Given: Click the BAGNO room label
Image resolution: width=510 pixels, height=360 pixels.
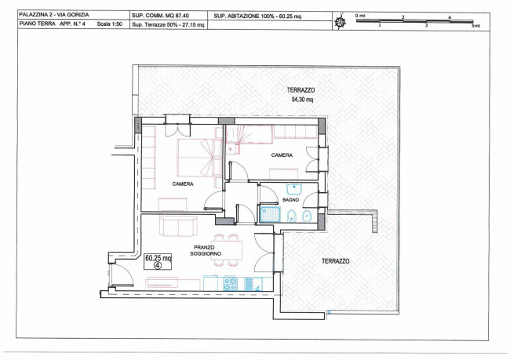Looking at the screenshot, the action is [290, 200].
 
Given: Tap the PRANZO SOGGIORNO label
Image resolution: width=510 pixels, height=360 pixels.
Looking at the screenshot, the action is [206, 250].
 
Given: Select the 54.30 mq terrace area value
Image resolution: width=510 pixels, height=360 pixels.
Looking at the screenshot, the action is [302, 100].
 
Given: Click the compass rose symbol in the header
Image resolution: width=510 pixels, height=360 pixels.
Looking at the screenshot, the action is [341, 21].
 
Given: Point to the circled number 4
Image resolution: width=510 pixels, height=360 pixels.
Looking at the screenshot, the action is [158, 265].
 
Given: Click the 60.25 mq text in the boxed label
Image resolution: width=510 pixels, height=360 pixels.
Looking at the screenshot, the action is [158, 258].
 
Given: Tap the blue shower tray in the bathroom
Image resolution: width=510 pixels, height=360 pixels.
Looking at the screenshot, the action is [270, 214].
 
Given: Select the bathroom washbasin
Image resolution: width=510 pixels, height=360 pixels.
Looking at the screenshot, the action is [294, 188].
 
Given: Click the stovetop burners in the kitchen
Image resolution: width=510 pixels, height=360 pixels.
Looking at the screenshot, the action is [230, 283].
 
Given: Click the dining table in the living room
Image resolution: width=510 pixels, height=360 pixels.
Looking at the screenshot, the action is [228, 249].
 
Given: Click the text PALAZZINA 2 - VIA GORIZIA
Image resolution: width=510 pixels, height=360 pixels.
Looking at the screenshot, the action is [54, 15].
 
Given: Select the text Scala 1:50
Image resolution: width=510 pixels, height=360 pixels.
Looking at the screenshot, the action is [109, 24].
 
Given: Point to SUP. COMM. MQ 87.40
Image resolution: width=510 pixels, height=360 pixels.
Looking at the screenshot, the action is [160, 15].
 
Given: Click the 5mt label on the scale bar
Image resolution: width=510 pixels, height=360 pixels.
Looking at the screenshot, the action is [475, 26].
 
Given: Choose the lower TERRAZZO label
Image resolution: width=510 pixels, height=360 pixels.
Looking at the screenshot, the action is [336, 261].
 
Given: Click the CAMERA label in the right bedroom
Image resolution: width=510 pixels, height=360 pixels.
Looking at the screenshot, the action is [282, 155].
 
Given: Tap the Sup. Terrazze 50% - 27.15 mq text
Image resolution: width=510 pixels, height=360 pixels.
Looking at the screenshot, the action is [168, 25].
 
